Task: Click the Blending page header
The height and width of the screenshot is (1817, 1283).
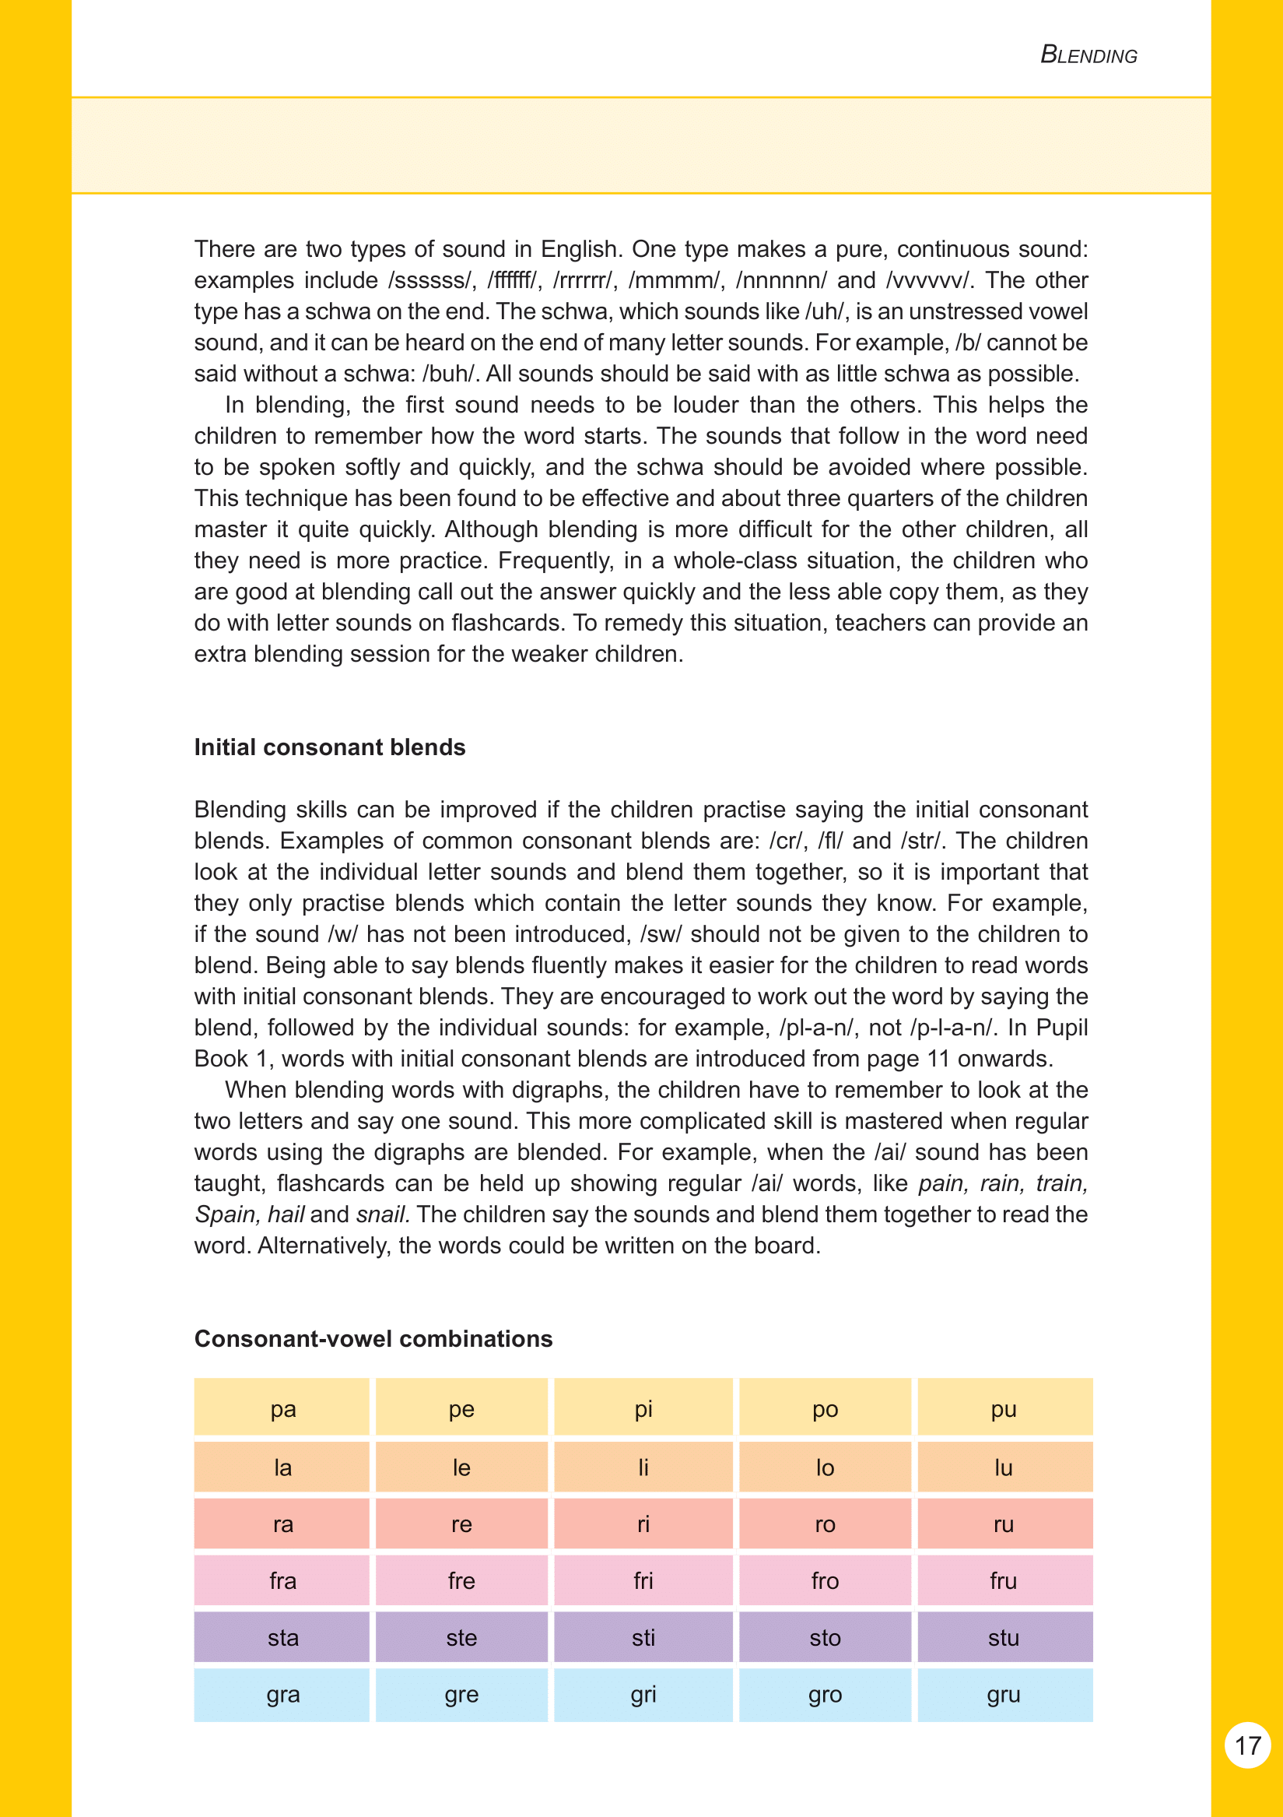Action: [1088, 55]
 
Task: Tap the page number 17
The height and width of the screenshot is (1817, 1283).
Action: [1247, 1745]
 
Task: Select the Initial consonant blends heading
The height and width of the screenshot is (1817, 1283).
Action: [330, 747]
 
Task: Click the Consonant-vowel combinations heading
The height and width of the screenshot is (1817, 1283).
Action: [373, 1338]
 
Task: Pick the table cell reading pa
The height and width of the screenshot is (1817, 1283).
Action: [282, 1409]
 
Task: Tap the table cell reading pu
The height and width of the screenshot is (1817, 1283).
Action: [1003, 1409]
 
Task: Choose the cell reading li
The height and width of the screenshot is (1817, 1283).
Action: [643, 1468]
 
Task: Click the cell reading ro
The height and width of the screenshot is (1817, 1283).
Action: [824, 1524]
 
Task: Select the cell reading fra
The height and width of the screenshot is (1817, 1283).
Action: [282, 1581]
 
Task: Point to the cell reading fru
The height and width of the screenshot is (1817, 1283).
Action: [1003, 1581]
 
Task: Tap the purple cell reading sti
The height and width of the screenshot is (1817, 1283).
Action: [643, 1637]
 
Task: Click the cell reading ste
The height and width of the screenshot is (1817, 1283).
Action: [461, 1637]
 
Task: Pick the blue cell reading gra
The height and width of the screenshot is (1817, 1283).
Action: [282, 1694]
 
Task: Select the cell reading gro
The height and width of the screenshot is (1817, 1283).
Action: [824, 1694]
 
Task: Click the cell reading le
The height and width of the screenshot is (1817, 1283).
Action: [461, 1468]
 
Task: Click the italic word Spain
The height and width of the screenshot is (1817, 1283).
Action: [224, 1214]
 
